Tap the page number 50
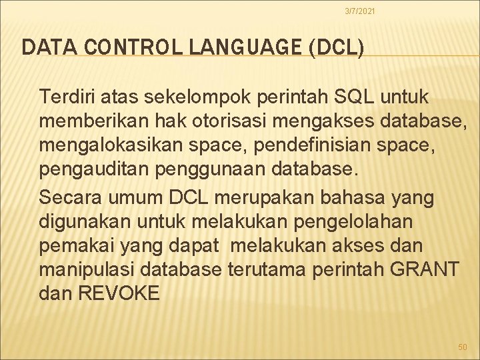(463, 347)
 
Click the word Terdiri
(64, 98)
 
